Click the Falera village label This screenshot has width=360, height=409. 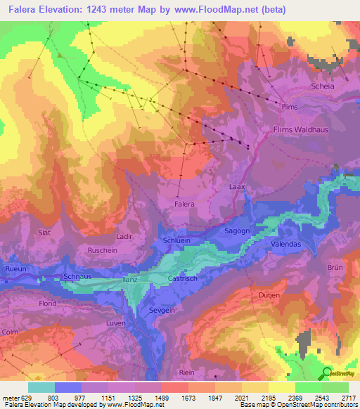(184, 204)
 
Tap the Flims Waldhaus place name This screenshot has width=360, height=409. (300, 129)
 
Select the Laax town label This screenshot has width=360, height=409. (237, 188)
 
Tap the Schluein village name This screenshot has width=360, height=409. (176, 240)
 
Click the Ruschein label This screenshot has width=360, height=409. (101, 250)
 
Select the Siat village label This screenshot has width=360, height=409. (46, 231)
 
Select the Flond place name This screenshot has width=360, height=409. (48, 304)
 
